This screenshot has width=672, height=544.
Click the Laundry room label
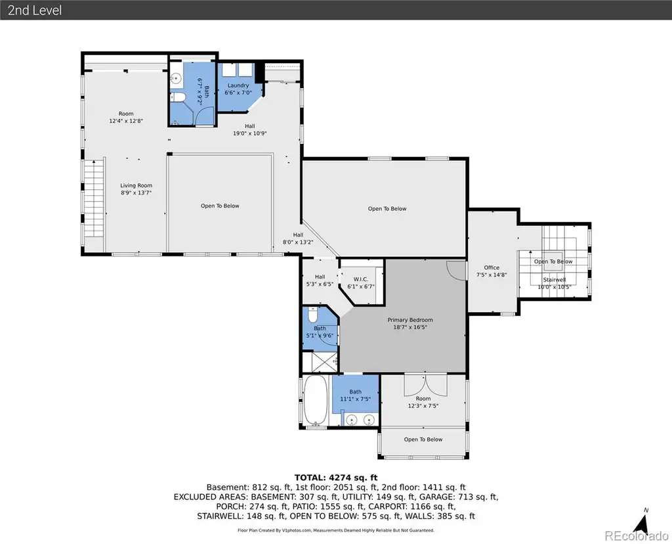(x=238, y=85)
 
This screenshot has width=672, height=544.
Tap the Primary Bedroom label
(x=410, y=319)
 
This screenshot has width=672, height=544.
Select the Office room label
(x=492, y=267)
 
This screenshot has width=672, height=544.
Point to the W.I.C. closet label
(x=361, y=279)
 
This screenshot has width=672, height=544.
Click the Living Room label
(x=136, y=185)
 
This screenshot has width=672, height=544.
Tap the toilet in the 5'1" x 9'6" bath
(x=313, y=315)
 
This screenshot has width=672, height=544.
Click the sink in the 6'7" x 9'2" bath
(x=175, y=78)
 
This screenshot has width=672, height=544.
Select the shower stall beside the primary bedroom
(x=320, y=362)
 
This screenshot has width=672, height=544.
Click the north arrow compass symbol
(x=641, y=522)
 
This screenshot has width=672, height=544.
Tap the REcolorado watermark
(x=637, y=535)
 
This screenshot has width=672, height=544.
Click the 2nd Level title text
(x=35, y=10)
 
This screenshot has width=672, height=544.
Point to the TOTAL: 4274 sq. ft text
(x=336, y=478)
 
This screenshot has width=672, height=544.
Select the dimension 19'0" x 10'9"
(x=250, y=133)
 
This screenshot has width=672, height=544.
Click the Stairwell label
(x=554, y=280)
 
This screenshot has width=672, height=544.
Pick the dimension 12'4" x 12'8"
(x=126, y=121)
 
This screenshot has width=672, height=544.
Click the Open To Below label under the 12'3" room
(x=423, y=440)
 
